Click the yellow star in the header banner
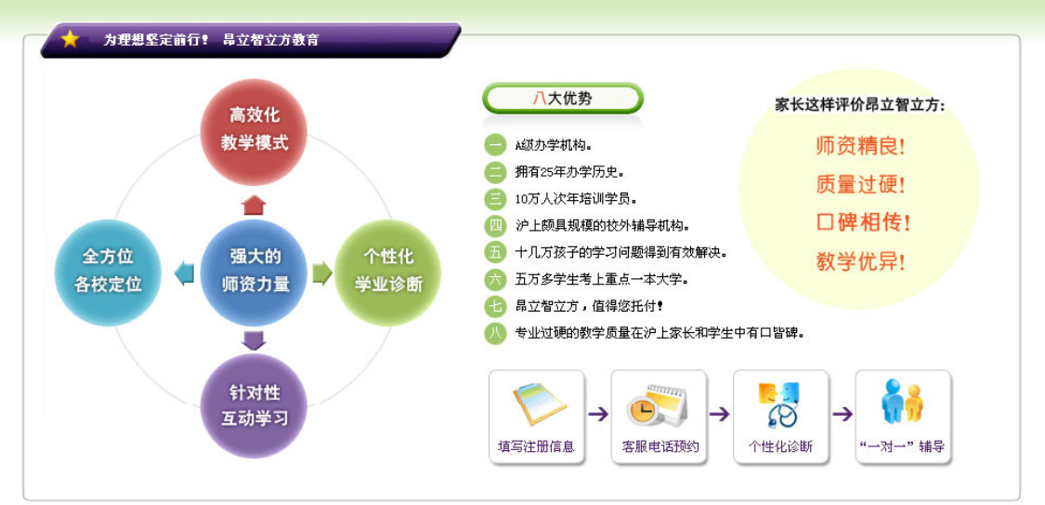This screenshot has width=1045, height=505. [x=70, y=39]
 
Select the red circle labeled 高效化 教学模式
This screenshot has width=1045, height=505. [x=255, y=130]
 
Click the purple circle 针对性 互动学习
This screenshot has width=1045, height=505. [x=255, y=406]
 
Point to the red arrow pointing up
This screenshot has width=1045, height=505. [x=254, y=205]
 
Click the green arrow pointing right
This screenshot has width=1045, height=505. [x=321, y=272]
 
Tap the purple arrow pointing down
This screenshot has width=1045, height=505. [x=254, y=340]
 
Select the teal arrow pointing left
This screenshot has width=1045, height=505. [x=185, y=272]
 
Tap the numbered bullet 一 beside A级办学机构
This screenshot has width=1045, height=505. [x=496, y=145]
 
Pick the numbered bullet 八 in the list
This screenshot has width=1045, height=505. [x=496, y=333]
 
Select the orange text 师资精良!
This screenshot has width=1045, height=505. [x=859, y=146]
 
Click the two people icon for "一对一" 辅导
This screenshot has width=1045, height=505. [x=901, y=402]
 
